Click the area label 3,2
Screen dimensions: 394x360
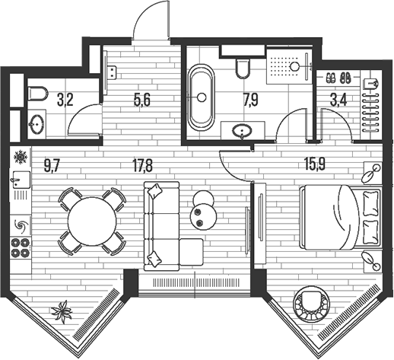point(65,100)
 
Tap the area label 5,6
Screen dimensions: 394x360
point(141,100)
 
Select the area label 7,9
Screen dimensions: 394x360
point(250,100)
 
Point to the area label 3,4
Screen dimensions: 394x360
point(338,100)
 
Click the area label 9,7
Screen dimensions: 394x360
point(52,167)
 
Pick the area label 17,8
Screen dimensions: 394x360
point(142,167)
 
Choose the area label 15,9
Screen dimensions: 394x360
point(315,164)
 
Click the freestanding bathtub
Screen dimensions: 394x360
point(201,97)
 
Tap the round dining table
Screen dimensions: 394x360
point(92,221)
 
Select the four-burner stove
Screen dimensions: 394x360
point(21,247)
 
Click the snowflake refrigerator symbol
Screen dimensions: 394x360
point(21,157)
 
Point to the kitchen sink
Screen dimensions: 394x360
point(21,180)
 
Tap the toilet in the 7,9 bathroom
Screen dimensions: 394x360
point(243,68)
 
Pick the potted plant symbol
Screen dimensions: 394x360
point(62,311)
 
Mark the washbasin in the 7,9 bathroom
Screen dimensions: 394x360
point(242,131)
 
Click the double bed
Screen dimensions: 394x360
point(341,217)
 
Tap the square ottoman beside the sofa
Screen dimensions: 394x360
point(192,252)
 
